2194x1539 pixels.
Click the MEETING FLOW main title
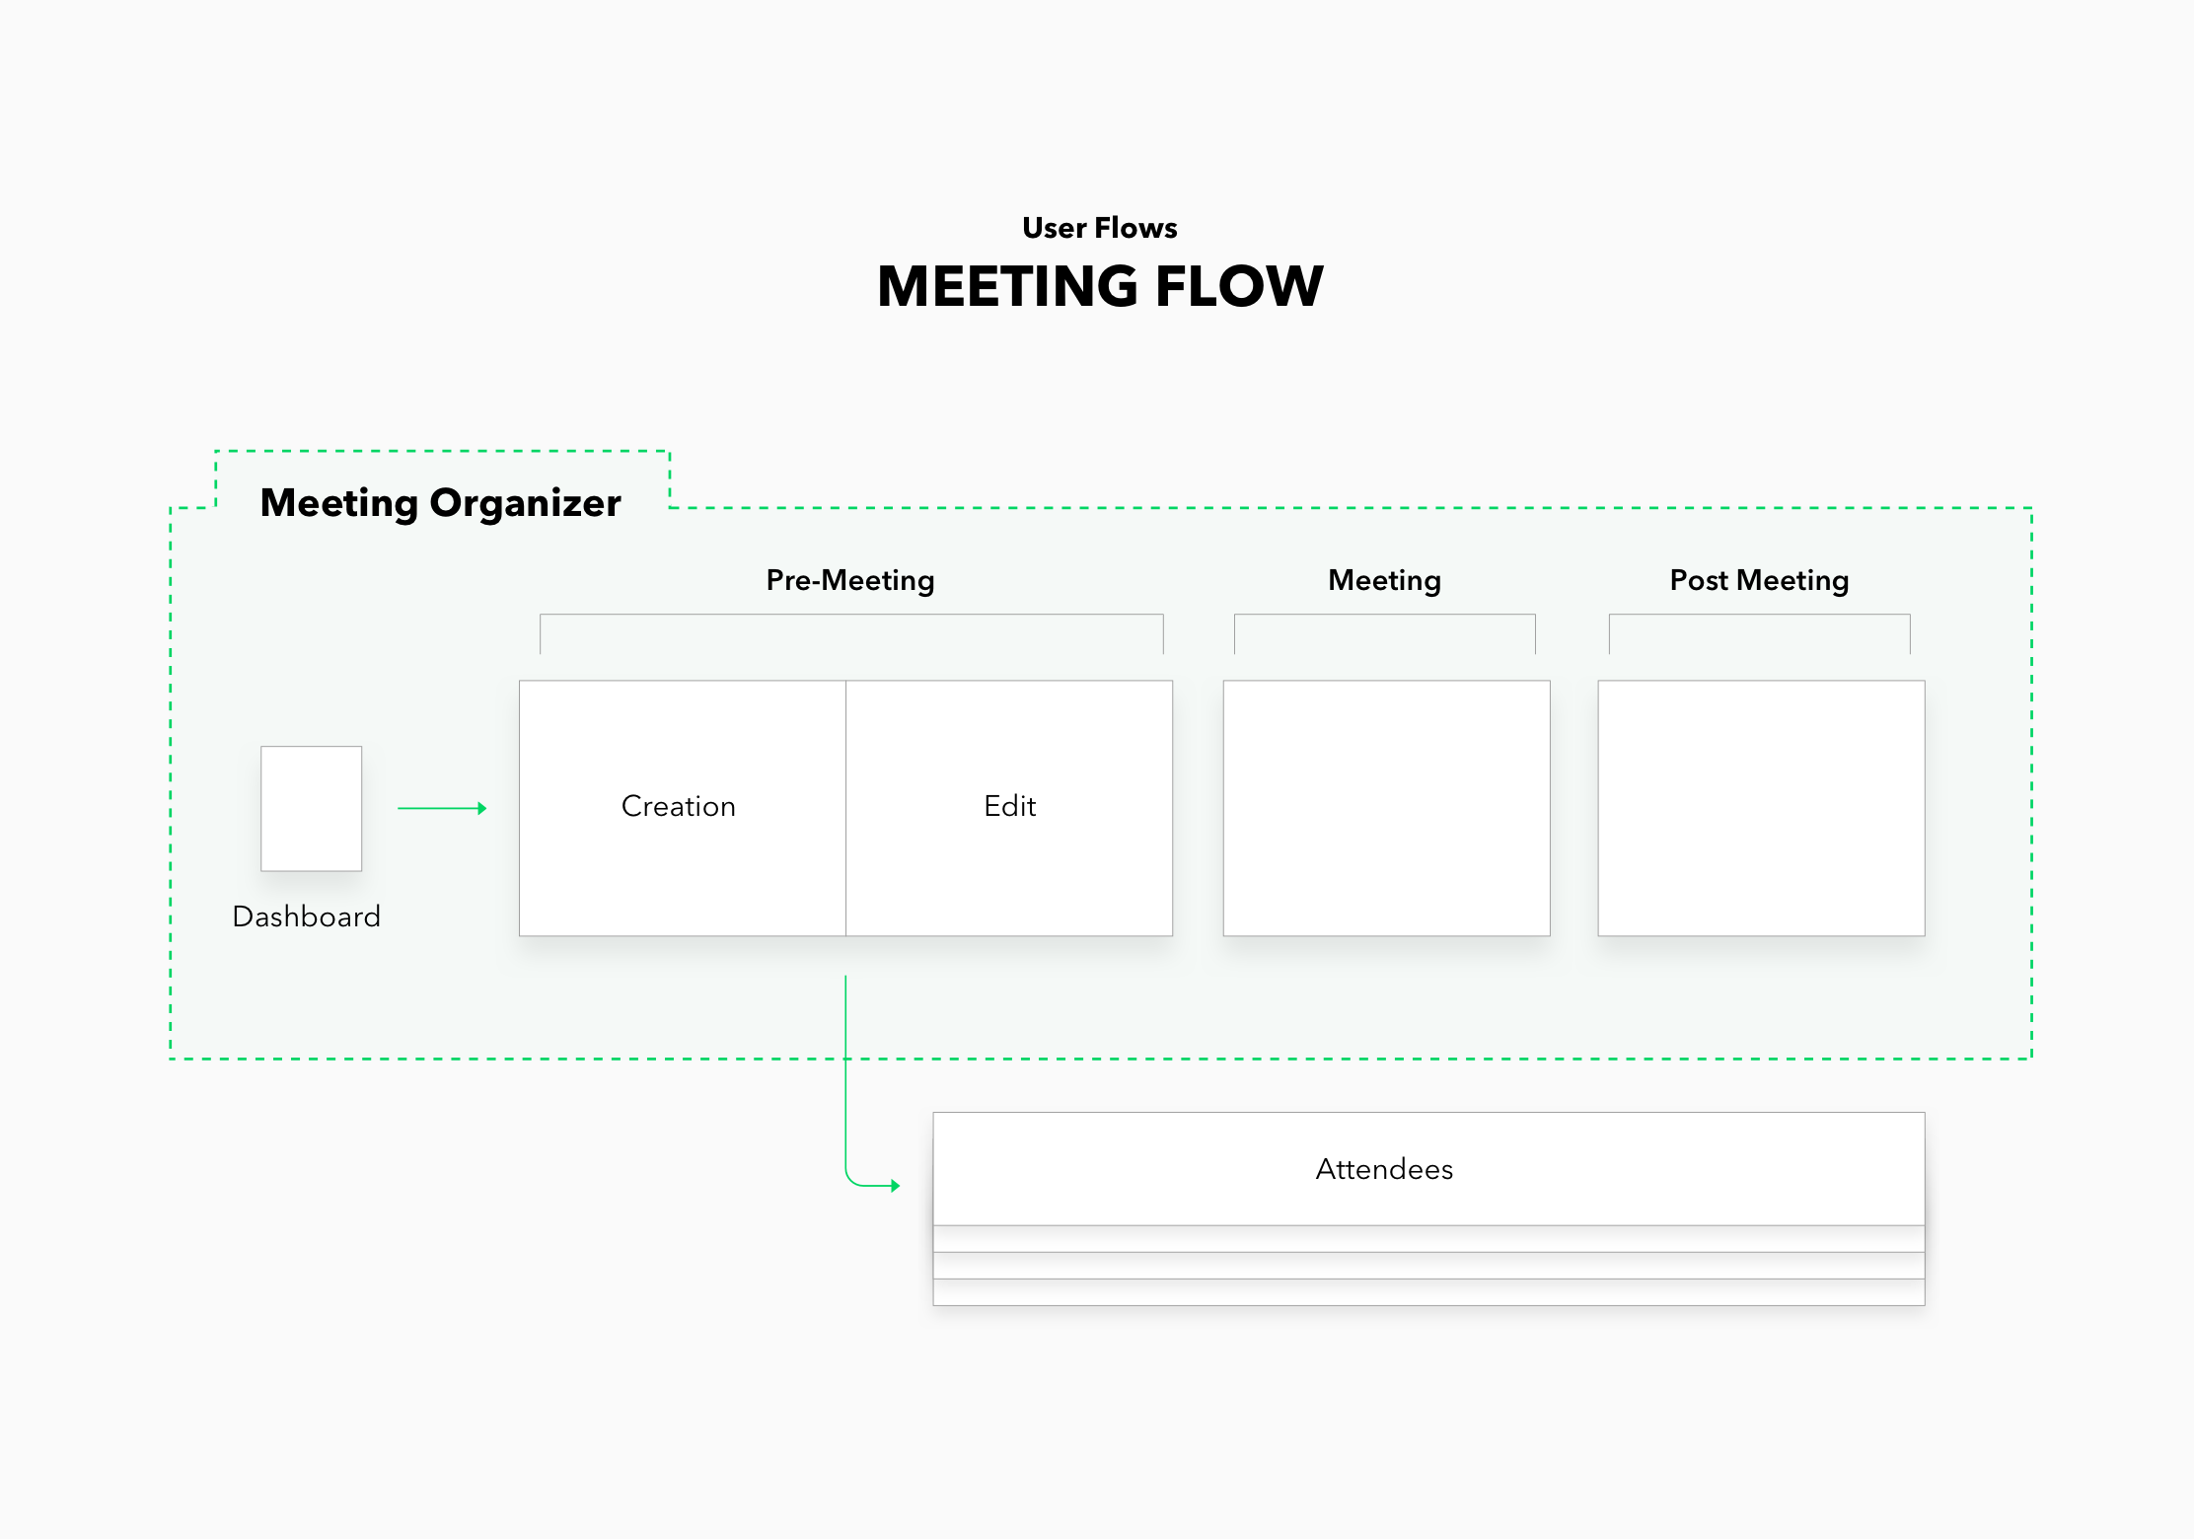(x=1100, y=286)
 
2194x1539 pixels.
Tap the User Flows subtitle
(x=1100, y=228)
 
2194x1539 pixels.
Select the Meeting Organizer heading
(x=441, y=503)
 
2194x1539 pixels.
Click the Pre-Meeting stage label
(x=850, y=580)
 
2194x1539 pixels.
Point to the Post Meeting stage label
(x=1759, y=580)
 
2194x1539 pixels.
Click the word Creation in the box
(x=679, y=806)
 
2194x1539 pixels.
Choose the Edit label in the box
(x=1010, y=806)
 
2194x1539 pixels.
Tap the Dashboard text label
(x=307, y=916)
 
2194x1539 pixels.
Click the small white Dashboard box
(x=312, y=809)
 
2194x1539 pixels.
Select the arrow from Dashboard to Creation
(x=442, y=808)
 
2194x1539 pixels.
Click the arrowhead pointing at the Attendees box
(x=895, y=1185)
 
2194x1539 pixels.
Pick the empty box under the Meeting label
(x=1387, y=808)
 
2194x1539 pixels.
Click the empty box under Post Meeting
(x=1762, y=808)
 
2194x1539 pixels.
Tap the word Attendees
(x=1384, y=1169)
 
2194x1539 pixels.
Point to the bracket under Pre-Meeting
(x=851, y=615)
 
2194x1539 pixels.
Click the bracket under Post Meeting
(x=1760, y=615)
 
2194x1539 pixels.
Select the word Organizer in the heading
(x=525, y=503)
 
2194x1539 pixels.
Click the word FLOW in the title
(x=1239, y=286)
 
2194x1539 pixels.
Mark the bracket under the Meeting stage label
(x=1385, y=615)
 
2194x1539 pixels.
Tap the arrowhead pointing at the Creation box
(x=482, y=808)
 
